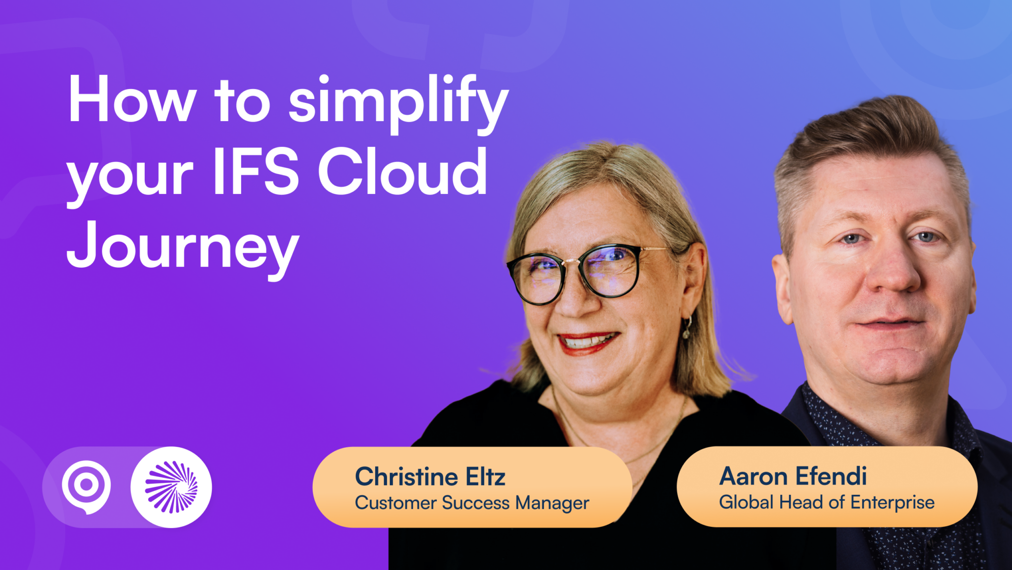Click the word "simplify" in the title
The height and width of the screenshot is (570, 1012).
[x=398, y=101]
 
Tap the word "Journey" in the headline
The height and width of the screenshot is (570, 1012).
[x=183, y=246]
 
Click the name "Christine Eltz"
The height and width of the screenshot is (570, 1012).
[x=430, y=477]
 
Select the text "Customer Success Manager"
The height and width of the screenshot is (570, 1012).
[x=472, y=503]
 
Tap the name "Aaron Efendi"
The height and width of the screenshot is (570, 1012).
[x=793, y=476]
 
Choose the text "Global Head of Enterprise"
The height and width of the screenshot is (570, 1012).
[x=827, y=503]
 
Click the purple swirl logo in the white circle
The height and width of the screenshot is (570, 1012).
[x=171, y=487]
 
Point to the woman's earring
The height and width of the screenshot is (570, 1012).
[x=687, y=329]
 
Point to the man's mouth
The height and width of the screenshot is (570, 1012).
[x=889, y=325]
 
